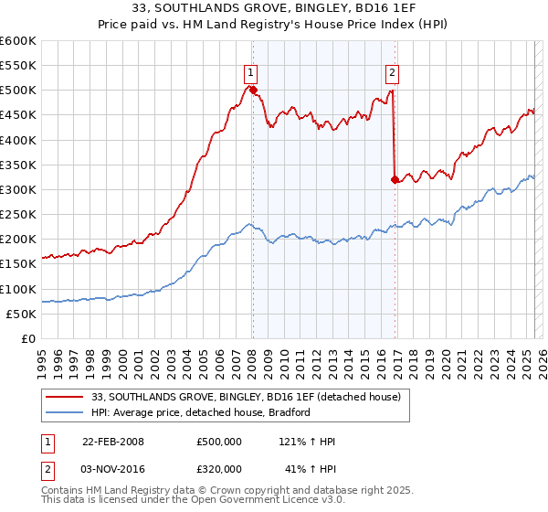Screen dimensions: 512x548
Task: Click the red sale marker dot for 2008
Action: (x=253, y=90)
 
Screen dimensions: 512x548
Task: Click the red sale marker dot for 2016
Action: (x=395, y=179)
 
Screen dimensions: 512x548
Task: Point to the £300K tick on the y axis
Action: (x=18, y=189)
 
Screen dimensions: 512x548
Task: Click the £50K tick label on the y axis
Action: (x=21, y=314)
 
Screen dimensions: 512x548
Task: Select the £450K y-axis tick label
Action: (x=18, y=115)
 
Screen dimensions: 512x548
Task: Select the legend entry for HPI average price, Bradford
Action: (x=201, y=412)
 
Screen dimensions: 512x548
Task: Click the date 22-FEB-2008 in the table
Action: (x=113, y=442)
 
